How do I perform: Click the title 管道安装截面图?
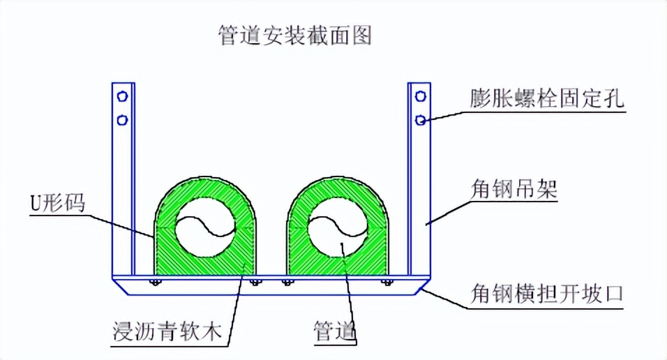pyautogui.click(x=294, y=34)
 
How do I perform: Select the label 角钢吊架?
pyautogui.click(x=513, y=188)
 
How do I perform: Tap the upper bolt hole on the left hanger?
pyautogui.click(x=123, y=96)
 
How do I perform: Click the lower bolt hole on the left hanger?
pyautogui.click(x=123, y=120)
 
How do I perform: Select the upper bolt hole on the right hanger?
pyautogui.click(x=421, y=96)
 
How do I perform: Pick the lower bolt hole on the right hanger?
pyautogui.click(x=421, y=120)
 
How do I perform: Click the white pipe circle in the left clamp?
pyautogui.click(x=206, y=231)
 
